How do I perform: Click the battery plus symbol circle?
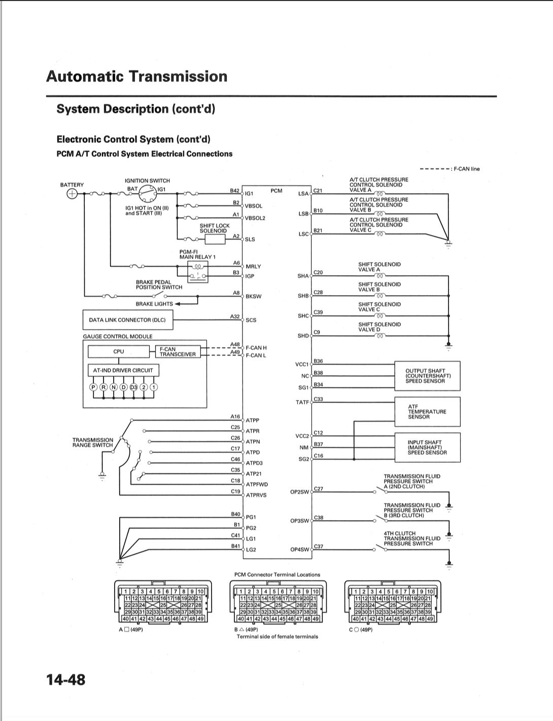[72, 194]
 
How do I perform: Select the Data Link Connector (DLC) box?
[128, 320]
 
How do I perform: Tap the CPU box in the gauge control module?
[119, 351]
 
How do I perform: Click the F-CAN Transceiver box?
[178, 352]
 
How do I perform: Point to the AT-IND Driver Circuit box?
[123, 370]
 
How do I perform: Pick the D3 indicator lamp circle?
[133, 387]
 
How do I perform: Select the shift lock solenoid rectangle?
[215, 239]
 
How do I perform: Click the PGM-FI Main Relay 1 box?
[198, 271]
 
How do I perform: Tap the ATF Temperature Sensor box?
[428, 412]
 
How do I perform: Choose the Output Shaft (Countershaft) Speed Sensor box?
[428, 376]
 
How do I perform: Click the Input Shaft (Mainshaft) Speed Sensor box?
[428, 447]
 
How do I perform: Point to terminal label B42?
[235, 191]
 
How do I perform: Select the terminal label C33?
[318, 399]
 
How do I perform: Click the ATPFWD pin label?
[257, 484]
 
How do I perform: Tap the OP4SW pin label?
[300, 550]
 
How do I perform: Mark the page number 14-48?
[66, 680]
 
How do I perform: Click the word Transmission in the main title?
[178, 76]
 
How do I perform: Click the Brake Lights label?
[154, 304]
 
